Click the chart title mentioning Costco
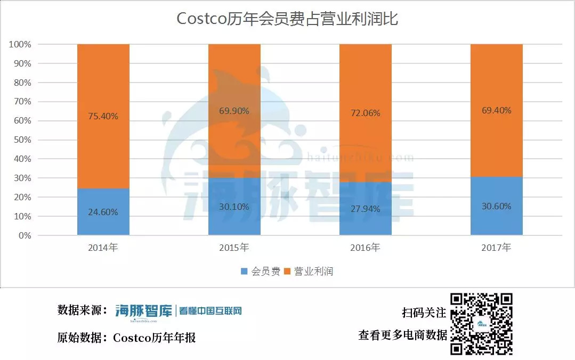287,19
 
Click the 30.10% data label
234,207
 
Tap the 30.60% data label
496,206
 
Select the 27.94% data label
366,209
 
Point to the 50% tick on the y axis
20,140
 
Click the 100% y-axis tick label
19,44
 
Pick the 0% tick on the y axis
23,235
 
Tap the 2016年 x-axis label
365,248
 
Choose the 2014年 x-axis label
103,248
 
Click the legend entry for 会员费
261,271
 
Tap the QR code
482,323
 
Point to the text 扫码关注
424,313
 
